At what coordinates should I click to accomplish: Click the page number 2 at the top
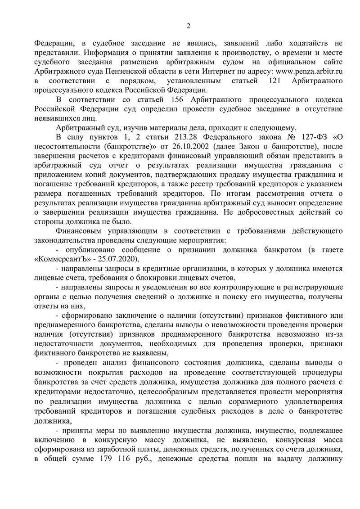pos(189,26)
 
